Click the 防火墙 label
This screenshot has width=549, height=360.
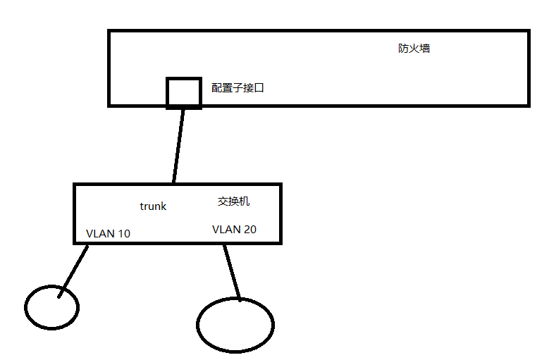(414, 49)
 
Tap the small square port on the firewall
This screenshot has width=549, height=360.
(183, 92)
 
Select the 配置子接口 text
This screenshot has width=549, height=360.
(238, 88)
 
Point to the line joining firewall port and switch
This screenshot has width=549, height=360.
(178, 145)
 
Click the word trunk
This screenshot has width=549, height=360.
(153, 206)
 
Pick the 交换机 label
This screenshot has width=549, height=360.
(233, 201)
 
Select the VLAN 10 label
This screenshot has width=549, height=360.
(108, 233)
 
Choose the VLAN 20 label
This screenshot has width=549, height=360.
(234, 229)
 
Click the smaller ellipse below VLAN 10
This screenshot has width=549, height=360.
(51, 306)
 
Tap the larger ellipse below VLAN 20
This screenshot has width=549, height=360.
(235, 325)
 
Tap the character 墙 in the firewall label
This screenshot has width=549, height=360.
(424, 49)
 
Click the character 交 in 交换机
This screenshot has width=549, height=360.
(223, 201)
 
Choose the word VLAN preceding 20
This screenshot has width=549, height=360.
(226, 229)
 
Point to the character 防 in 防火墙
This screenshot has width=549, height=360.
(403, 49)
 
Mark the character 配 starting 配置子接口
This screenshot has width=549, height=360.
(216, 88)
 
